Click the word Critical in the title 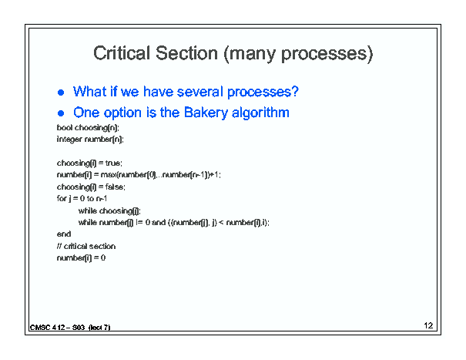click(x=122, y=53)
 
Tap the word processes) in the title click(x=327, y=55)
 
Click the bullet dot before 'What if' click(x=61, y=93)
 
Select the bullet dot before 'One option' click(x=61, y=113)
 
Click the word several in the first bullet click(x=200, y=92)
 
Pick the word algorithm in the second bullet click(x=260, y=113)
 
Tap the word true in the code click(x=112, y=163)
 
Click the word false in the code click(x=115, y=187)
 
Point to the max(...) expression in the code click(x=160, y=175)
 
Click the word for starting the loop click(x=61, y=198)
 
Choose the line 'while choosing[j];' click(x=109, y=211)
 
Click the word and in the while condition click(x=159, y=222)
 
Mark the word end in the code click(x=64, y=234)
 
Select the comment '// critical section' click(x=86, y=246)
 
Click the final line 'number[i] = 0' click(x=81, y=258)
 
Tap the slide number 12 click(x=428, y=325)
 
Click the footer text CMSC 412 click(x=48, y=328)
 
